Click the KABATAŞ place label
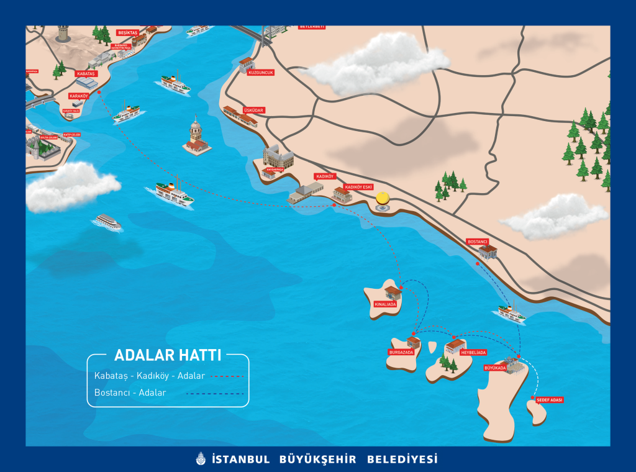(x=86, y=74)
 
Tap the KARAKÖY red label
(x=79, y=96)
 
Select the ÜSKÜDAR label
(x=254, y=111)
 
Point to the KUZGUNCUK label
(x=261, y=72)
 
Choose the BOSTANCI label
(x=478, y=241)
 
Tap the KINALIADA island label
(x=385, y=304)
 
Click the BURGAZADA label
(x=401, y=352)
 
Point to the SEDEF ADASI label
(x=550, y=400)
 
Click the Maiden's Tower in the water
(x=196, y=137)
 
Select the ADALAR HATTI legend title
(x=168, y=356)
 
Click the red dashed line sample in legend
(x=227, y=376)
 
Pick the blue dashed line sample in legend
(x=227, y=393)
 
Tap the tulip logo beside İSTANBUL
(x=200, y=460)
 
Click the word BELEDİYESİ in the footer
(x=402, y=460)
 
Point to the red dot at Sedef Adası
(x=532, y=399)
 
